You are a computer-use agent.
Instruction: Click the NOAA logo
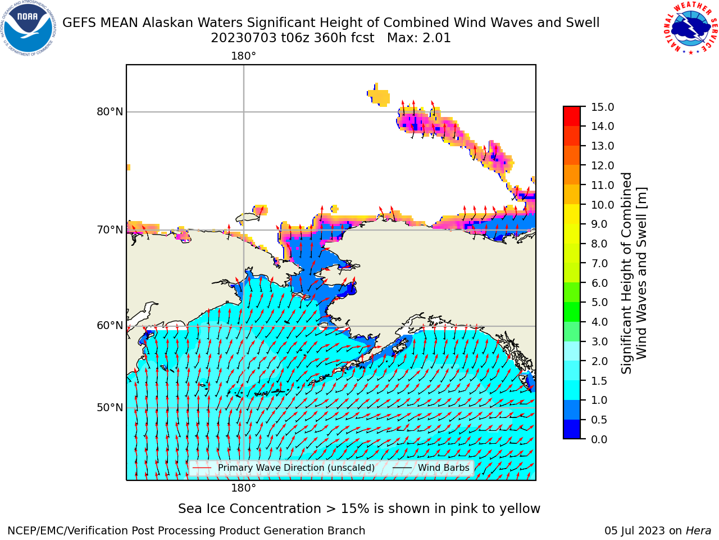(x=29, y=28)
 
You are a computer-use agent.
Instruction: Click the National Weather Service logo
(x=691, y=28)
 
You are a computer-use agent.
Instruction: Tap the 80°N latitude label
(x=110, y=112)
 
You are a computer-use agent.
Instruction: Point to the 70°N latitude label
(x=110, y=230)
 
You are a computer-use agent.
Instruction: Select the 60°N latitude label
(x=110, y=326)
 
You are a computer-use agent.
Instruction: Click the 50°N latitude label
(x=110, y=408)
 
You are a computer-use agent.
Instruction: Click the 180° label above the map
(x=243, y=56)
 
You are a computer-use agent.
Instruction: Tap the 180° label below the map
(x=243, y=488)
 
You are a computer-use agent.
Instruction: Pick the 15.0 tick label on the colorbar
(x=602, y=107)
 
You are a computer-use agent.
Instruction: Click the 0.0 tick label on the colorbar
(x=599, y=439)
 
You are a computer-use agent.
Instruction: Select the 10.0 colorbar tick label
(x=602, y=205)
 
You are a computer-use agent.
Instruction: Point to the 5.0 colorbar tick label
(x=599, y=302)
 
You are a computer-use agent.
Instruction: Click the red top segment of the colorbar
(x=572, y=116)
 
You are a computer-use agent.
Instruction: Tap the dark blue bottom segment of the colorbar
(x=572, y=429)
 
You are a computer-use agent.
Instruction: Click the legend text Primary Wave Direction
(x=296, y=467)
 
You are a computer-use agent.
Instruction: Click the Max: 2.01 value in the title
(x=419, y=38)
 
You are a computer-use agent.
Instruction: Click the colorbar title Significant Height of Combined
(x=626, y=273)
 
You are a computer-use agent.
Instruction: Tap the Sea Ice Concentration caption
(x=359, y=508)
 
